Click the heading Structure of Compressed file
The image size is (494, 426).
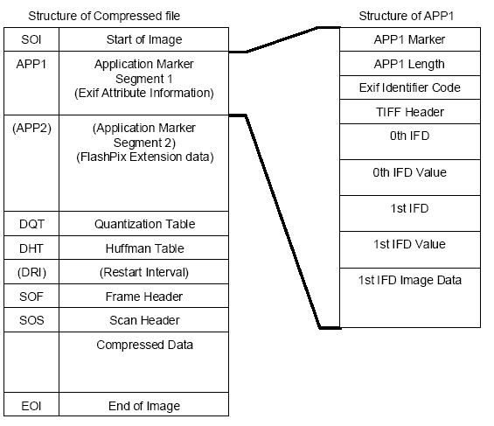[x=104, y=16]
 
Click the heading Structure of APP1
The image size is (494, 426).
[x=406, y=16]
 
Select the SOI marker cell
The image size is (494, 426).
[x=31, y=39]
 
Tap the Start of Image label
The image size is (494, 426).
[x=144, y=39]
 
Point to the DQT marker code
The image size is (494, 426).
[x=31, y=224]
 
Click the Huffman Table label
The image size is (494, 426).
[x=144, y=248]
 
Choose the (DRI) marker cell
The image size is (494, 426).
[x=31, y=272]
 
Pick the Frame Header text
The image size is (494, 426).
[x=144, y=297]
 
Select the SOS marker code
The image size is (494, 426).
[x=31, y=320]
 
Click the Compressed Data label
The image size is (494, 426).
[x=144, y=345]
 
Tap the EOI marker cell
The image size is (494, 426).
[x=31, y=404]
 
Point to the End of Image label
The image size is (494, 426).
[x=144, y=406]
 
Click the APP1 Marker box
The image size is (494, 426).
[x=410, y=39]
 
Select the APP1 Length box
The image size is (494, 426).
[x=410, y=63]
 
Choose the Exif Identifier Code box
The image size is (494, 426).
[x=410, y=87]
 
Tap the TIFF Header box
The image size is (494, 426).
[x=410, y=112]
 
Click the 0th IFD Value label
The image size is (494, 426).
[x=409, y=172]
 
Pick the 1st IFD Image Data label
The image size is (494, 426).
[x=409, y=280]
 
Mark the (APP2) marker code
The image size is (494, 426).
[x=31, y=128]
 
